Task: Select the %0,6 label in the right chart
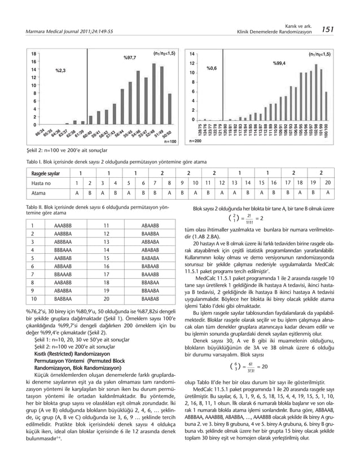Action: coord(212,68)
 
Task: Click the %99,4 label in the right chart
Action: coord(279,63)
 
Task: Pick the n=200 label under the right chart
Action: coord(195,142)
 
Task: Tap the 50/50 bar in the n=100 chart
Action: coord(166,90)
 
